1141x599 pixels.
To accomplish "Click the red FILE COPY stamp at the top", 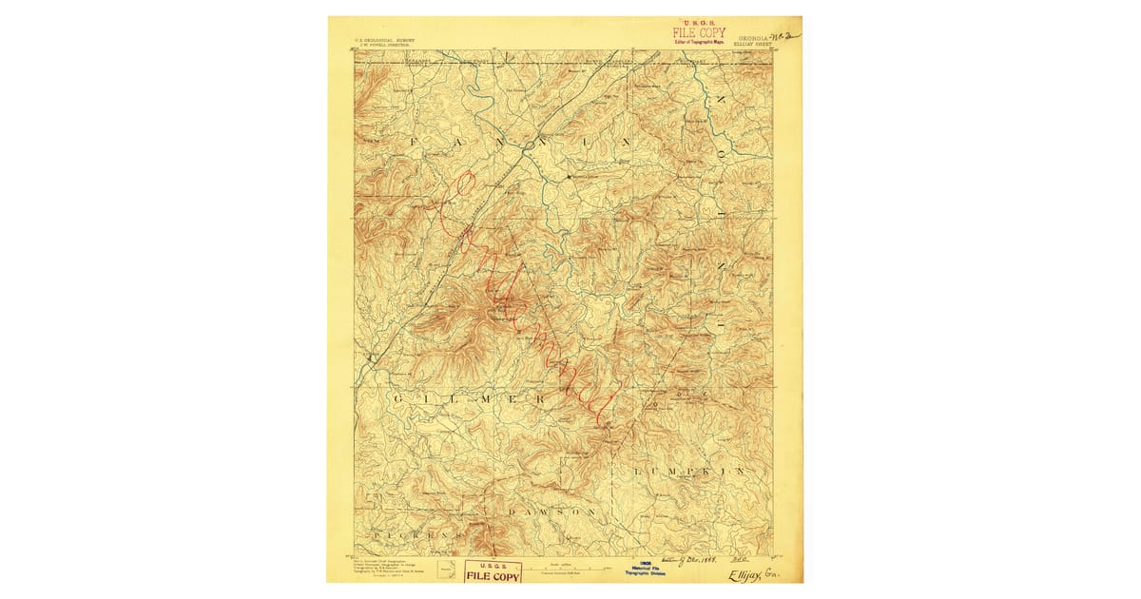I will click(699, 32).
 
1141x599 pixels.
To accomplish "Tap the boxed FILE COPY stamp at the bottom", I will click(492, 573).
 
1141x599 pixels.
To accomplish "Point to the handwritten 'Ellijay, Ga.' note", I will click(751, 574).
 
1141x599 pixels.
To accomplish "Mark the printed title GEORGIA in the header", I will click(751, 37).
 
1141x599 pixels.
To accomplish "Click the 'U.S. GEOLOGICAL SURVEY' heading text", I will click(385, 40).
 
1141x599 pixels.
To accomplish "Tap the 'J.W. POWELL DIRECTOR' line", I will click(383, 46).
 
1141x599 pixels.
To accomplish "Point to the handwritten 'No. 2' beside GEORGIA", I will click(787, 35).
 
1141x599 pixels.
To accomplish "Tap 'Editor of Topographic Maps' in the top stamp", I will click(699, 42).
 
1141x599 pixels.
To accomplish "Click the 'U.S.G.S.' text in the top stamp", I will click(699, 23).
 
